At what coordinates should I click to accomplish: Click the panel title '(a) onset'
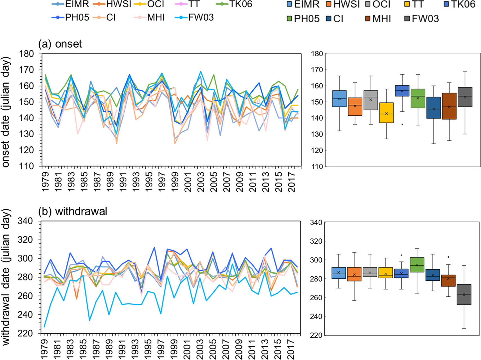pos(60,44)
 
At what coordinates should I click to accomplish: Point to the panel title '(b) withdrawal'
pos(73,211)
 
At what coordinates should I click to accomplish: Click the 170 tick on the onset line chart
pos(26,70)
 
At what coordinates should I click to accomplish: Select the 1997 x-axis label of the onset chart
pos(162,182)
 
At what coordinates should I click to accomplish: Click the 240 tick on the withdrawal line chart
pos(25,314)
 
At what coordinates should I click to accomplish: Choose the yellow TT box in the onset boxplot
pos(386,113)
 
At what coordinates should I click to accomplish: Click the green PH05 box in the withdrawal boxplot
pos(417,265)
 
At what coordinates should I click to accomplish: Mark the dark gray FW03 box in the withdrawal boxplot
pos(464,294)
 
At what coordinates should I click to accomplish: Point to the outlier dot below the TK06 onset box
pos(402,124)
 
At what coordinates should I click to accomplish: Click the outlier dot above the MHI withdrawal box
pos(448,257)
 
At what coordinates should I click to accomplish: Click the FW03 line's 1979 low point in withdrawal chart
pos(44,327)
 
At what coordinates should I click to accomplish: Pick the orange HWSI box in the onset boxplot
pos(355,107)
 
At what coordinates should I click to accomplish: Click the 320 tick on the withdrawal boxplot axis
pos(316,241)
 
